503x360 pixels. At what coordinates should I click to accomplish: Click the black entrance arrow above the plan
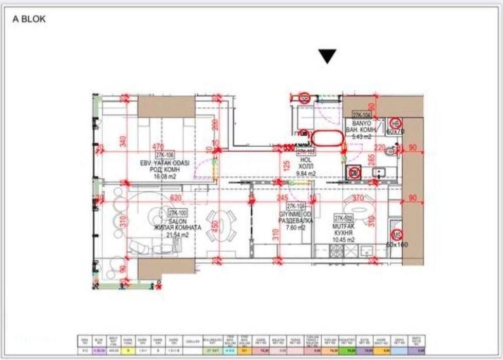pyautogui.click(x=327, y=56)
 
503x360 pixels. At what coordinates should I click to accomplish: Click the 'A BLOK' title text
pyautogui.click(x=29, y=19)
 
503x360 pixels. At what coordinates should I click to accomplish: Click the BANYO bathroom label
pyautogui.click(x=361, y=124)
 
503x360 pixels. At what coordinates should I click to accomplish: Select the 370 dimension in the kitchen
pyautogui.click(x=357, y=197)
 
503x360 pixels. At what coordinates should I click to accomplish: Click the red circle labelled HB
pyautogui.click(x=396, y=123)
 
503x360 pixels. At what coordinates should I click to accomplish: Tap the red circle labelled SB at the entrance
pyautogui.click(x=305, y=97)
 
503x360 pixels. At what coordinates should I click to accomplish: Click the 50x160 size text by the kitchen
pyautogui.click(x=397, y=245)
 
